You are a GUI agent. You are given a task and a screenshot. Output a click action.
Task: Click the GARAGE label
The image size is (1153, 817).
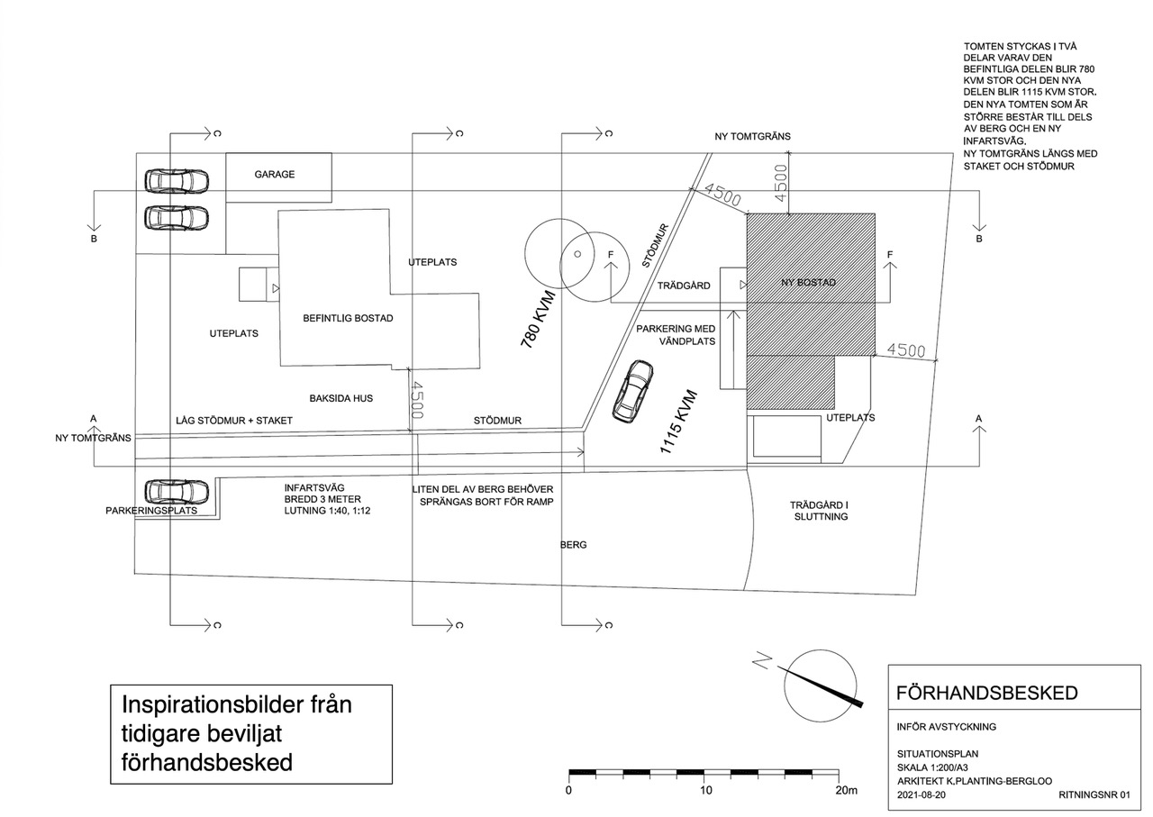(274, 174)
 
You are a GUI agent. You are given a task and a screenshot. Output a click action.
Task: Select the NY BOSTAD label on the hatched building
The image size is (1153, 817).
(807, 283)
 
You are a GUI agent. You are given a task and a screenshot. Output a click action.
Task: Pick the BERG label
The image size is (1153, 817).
(573, 545)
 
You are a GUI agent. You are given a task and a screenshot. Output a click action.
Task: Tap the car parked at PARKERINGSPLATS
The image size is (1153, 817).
(177, 492)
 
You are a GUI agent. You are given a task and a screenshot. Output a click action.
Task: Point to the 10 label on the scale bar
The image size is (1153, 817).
(705, 790)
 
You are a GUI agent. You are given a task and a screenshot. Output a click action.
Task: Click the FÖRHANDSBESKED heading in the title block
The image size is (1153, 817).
(986, 693)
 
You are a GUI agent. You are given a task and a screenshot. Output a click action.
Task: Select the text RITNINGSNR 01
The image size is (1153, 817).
(1092, 795)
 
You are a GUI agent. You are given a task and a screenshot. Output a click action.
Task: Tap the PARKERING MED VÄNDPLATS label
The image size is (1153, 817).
(676, 335)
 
